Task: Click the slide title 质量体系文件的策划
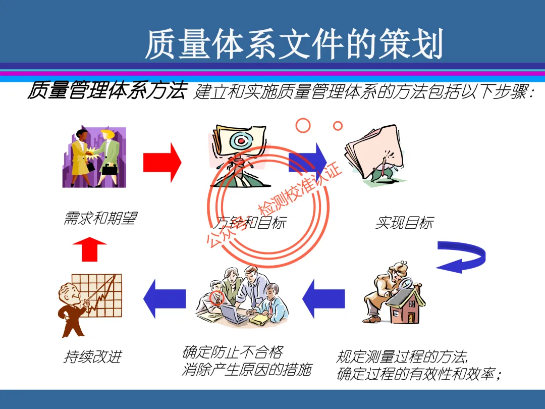click(x=294, y=44)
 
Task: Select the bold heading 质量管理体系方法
click(x=106, y=91)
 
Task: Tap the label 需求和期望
click(x=100, y=218)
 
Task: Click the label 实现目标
click(x=404, y=222)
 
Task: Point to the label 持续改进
click(x=93, y=356)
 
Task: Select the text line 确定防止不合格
click(x=232, y=351)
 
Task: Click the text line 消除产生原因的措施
click(x=246, y=370)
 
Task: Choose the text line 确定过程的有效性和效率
click(x=418, y=375)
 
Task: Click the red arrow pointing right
click(x=162, y=162)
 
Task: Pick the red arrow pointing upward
click(x=90, y=249)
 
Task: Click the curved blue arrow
click(x=461, y=256)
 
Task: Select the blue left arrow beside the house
click(x=323, y=298)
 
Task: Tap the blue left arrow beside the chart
click(x=165, y=299)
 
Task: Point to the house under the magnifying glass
click(x=406, y=306)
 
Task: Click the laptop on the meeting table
click(x=233, y=314)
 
